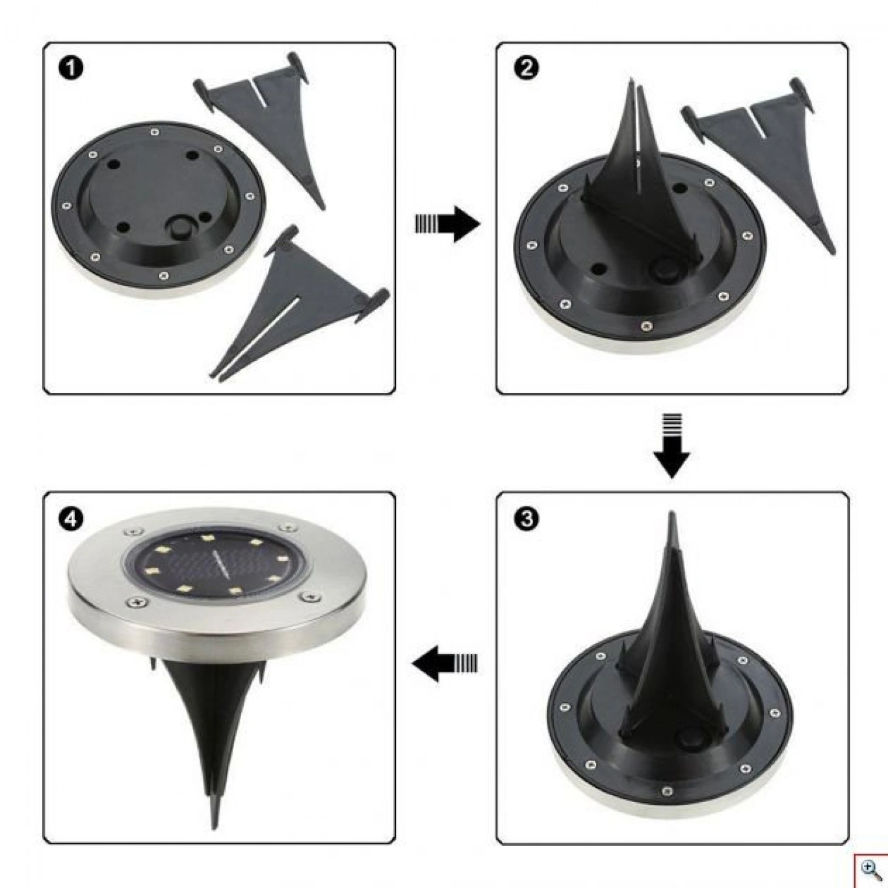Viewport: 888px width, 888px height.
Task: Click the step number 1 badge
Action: pos(70,68)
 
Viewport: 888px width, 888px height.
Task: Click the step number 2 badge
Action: pos(526,68)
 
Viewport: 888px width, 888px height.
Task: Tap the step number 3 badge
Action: pos(526,518)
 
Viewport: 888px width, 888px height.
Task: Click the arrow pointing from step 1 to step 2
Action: pos(447,224)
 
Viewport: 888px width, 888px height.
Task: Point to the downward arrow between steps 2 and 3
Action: pos(672,445)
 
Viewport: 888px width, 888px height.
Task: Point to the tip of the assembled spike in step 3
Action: pos(672,512)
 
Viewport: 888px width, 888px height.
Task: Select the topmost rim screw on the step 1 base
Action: pos(155,133)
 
